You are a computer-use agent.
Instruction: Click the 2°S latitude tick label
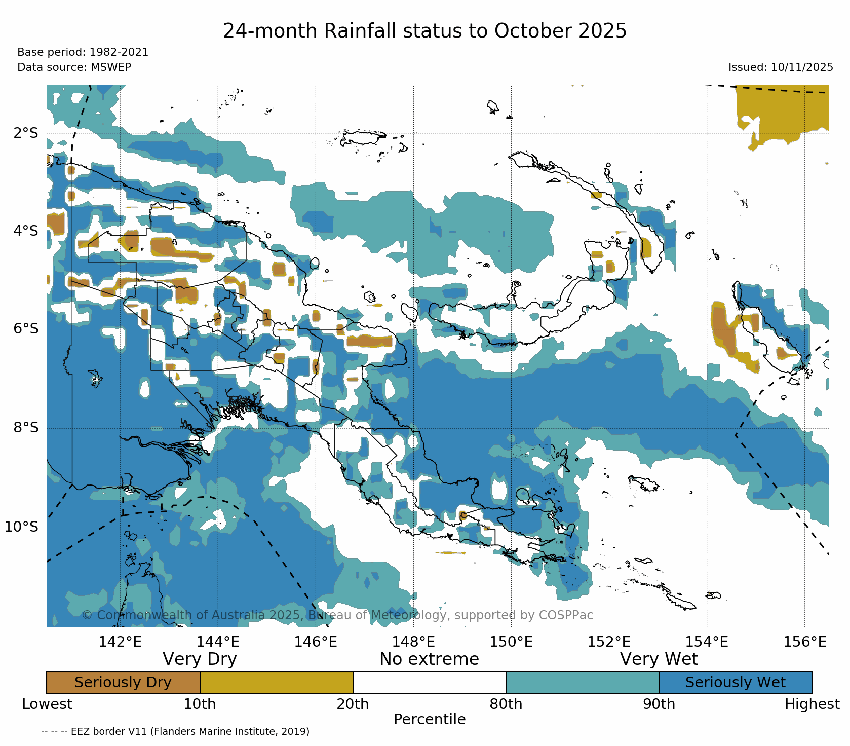25,133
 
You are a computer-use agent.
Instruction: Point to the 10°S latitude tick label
21,527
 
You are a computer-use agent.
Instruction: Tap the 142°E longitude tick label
120,642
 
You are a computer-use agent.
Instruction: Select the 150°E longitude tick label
511,642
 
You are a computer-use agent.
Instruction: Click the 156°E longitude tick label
804,642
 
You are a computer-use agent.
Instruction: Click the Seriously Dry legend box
123,682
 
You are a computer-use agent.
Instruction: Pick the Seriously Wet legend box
735,682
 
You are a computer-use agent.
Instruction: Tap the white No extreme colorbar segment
429,682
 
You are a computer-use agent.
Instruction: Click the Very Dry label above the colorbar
200,659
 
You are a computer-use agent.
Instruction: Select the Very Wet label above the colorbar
659,659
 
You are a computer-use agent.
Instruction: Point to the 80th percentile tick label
506,704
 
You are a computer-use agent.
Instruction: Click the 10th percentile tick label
200,704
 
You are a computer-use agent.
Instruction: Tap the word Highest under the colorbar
812,704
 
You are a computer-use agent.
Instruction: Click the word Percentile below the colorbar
430,719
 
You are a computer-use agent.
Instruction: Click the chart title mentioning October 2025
424,31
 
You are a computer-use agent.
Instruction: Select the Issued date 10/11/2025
781,67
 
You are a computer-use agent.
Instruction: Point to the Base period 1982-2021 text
83,52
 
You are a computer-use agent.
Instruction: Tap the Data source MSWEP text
74,67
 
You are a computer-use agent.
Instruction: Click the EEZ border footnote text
175,731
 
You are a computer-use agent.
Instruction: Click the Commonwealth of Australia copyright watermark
337,615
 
